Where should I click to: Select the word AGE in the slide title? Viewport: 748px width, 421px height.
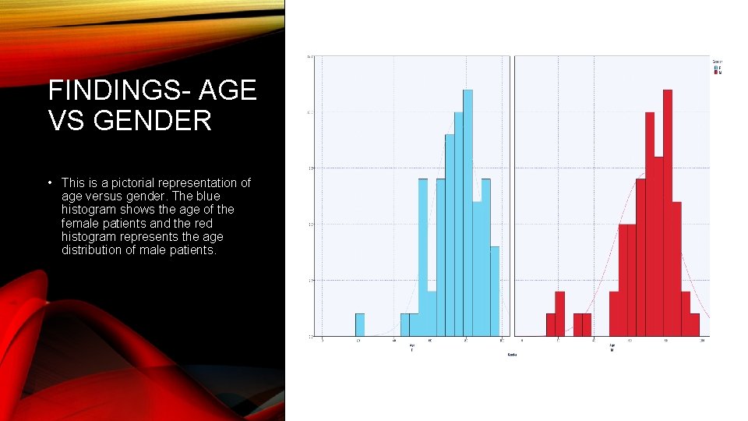228,91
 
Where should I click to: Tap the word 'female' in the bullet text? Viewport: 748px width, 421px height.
80,223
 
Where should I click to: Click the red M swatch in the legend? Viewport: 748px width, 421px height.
715,72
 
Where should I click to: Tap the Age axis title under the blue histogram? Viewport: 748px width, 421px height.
412,345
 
